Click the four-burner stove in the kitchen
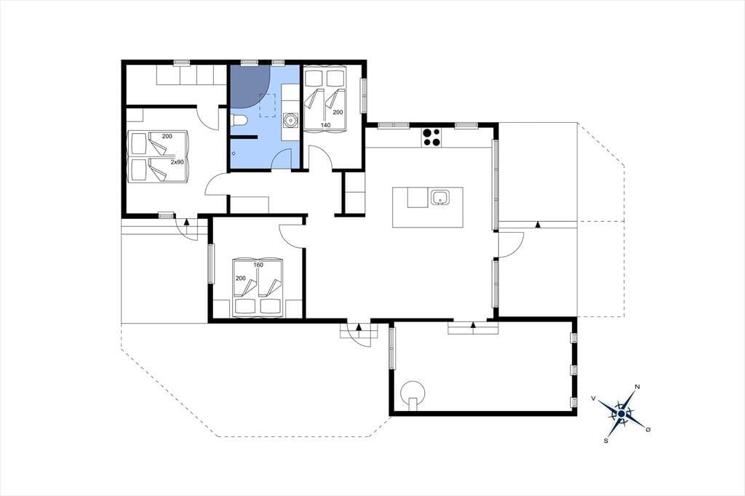(x=431, y=137)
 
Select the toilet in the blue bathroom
(x=239, y=121)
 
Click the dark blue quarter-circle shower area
(x=249, y=86)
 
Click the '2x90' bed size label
(x=177, y=162)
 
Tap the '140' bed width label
(x=325, y=125)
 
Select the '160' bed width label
(x=258, y=265)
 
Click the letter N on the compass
(x=637, y=387)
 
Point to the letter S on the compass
(x=606, y=441)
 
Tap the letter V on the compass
(x=594, y=398)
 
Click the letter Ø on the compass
(x=648, y=430)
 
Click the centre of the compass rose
(x=621, y=414)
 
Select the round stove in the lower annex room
(x=413, y=393)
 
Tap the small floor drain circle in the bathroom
(x=234, y=153)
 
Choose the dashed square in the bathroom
(x=268, y=105)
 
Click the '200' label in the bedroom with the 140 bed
(x=338, y=112)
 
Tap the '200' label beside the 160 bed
(x=241, y=279)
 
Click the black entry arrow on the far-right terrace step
(x=538, y=224)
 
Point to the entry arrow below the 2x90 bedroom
(x=187, y=221)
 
